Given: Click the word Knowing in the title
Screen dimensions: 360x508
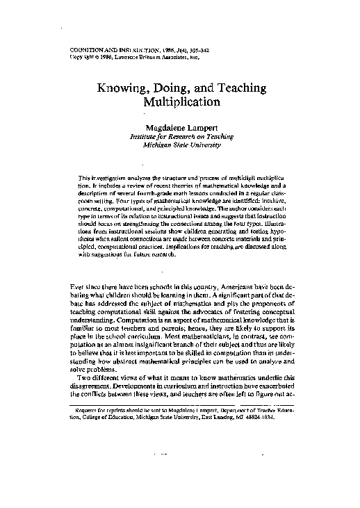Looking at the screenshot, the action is (x=121, y=89).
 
